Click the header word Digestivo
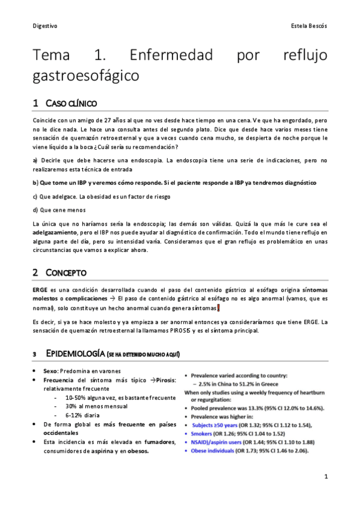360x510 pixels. tap(45, 26)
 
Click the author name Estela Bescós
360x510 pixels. tap(308, 26)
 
